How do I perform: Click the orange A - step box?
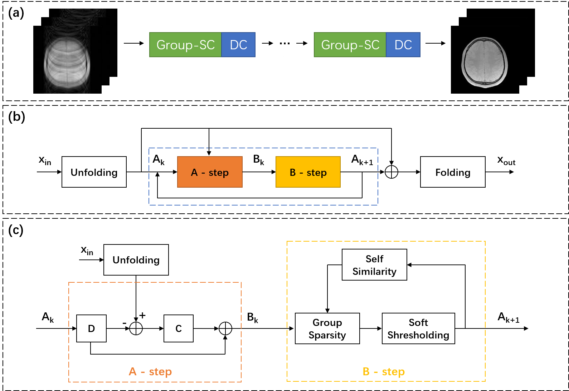pyautogui.click(x=210, y=172)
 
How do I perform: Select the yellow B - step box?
pyautogui.click(x=308, y=172)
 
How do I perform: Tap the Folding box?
pyautogui.click(x=453, y=172)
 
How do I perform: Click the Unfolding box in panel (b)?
pyautogui.click(x=94, y=172)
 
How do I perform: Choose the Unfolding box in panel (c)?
pyautogui.click(x=136, y=260)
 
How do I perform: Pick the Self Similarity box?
pyautogui.click(x=374, y=264)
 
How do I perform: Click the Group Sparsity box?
pyautogui.click(x=327, y=328)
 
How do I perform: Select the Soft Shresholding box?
pyautogui.click(x=418, y=328)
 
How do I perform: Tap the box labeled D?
pyautogui.click(x=91, y=328)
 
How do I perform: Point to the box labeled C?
pyautogui.click(x=178, y=328)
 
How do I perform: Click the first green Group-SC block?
pyautogui.click(x=185, y=45)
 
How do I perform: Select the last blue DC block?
pyautogui.click(x=403, y=45)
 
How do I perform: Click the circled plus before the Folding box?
pyautogui.click(x=391, y=172)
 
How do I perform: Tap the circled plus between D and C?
pyautogui.click(x=136, y=328)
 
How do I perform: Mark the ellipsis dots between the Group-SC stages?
pyautogui.click(x=284, y=44)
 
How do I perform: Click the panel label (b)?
pyautogui.click(x=16, y=117)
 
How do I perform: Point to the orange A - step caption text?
pyautogui.click(x=150, y=371)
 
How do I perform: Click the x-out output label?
pyautogui.click(x=506, y=160)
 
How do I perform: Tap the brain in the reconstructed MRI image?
pyautogui.click(x=485, y=63)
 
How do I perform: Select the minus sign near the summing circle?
pyautogui.click(x=125, y=323)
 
